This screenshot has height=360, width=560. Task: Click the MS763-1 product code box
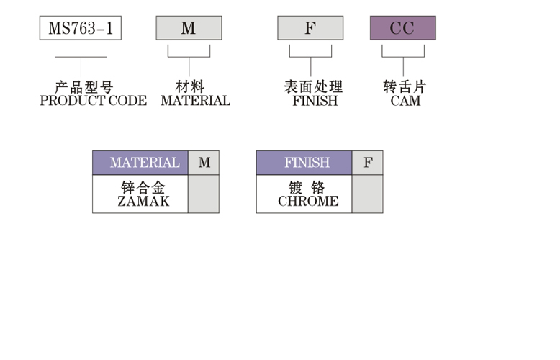point(80,28)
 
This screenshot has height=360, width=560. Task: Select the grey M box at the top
point(189,28)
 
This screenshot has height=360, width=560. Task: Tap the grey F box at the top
point(310,28)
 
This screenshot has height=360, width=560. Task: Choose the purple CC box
point(402,28)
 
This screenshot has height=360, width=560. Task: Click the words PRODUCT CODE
point(93,101)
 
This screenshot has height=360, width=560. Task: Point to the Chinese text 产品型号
point(84,87)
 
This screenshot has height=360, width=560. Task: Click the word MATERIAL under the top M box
point(195,101)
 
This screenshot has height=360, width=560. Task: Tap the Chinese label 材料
point(190,87)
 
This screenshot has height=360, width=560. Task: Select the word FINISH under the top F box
point(315,101)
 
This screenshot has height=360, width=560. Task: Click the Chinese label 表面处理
point(313,87)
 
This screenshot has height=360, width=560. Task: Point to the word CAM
point(405,101)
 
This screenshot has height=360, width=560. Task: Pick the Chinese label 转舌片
point(405,87)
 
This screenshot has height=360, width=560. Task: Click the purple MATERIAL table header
point(140,163)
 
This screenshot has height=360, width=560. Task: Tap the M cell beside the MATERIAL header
point(204,163)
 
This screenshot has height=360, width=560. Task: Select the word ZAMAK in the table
point(143,202)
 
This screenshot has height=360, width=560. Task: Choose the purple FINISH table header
point(304,163)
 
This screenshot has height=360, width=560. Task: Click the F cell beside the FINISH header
point(368,163)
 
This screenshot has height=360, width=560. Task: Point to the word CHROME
point(308,202)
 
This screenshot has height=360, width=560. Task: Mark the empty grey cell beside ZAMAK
point(204,194)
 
